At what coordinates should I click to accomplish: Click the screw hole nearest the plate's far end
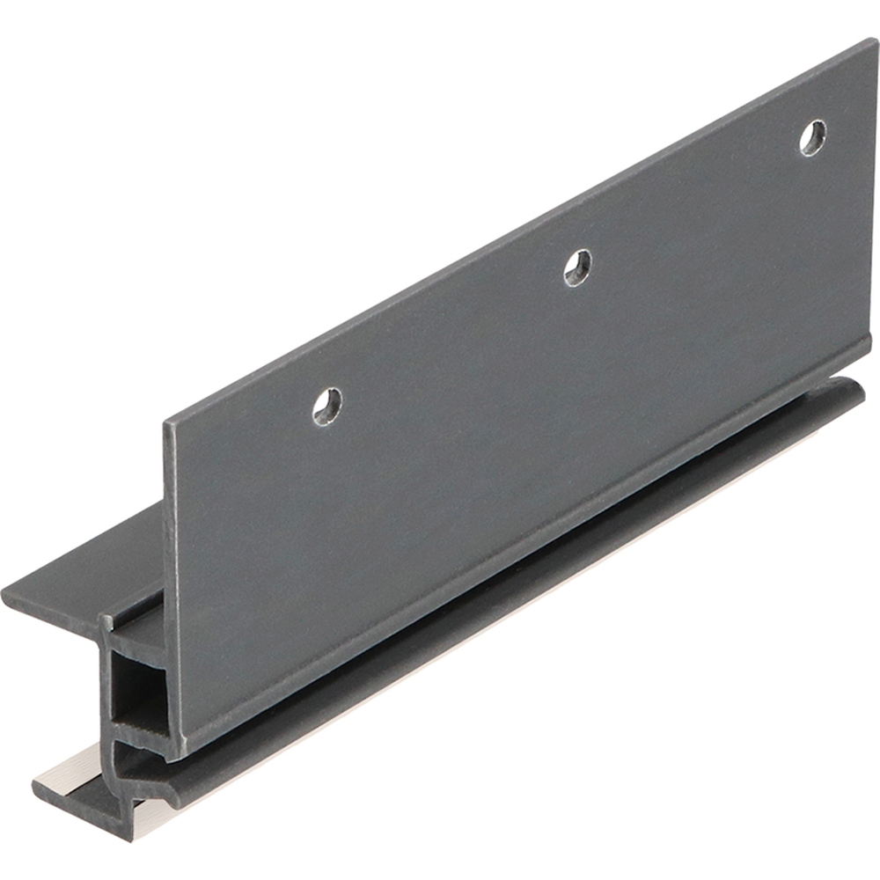coord(812,138)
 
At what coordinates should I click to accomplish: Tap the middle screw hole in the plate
coord(577,268)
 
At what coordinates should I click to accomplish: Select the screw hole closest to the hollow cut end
coord(327,406)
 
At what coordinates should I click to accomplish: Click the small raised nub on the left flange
coord(106,621)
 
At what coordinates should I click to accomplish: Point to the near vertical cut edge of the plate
coord(169,590)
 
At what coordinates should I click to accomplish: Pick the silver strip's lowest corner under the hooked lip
coord(133,840)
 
